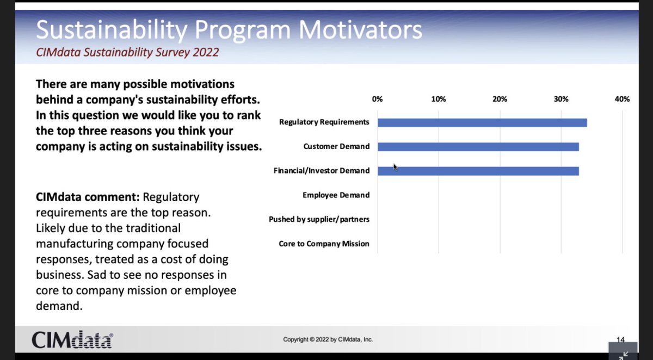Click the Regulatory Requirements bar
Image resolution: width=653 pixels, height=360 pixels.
(482, 122)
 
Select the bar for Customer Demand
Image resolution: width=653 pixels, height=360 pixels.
(478, 147)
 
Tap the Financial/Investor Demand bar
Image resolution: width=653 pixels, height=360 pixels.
(478, 171)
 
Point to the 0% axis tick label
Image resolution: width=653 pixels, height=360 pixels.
(377, 99)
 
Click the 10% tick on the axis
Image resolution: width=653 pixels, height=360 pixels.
(439, 99)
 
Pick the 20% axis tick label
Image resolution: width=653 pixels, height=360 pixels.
(500, 99)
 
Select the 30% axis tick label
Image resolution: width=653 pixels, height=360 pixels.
(561, 99)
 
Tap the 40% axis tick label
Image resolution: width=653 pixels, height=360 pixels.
(622, 99)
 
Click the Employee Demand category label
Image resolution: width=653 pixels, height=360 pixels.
(336, 195)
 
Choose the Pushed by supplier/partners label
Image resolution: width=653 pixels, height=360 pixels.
(319, 219)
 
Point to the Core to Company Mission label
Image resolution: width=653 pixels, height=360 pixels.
(324, 244)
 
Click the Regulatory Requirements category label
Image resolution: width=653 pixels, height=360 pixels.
(324, 122)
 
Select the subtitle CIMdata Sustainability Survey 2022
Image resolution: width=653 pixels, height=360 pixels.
(128, 53)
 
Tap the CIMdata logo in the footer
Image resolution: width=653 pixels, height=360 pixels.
(72, 339)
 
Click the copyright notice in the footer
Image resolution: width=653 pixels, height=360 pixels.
(328, 339)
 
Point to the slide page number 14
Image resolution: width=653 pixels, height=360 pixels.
(620, 339)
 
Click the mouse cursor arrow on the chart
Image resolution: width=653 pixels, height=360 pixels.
(396, 166)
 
